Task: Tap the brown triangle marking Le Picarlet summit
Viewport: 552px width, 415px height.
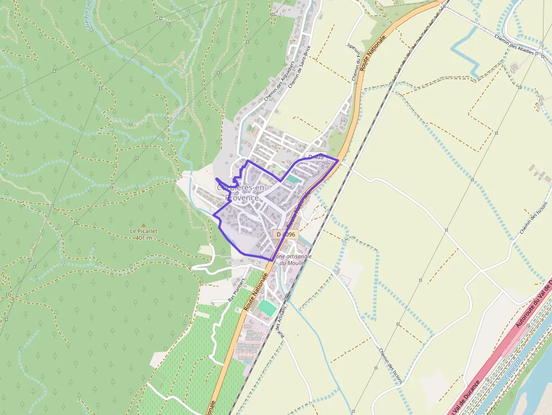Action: coord(143,224)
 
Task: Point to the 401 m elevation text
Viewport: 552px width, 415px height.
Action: coord(145,238)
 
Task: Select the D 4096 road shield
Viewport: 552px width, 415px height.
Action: coord(285,234)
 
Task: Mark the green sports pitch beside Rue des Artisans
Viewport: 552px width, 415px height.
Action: coord(267,307)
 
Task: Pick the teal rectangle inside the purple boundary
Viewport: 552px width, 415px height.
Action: coord(294,179)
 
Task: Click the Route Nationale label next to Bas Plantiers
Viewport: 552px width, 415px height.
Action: coord(256,292)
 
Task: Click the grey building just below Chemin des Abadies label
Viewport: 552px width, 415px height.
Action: coord(514,68)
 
